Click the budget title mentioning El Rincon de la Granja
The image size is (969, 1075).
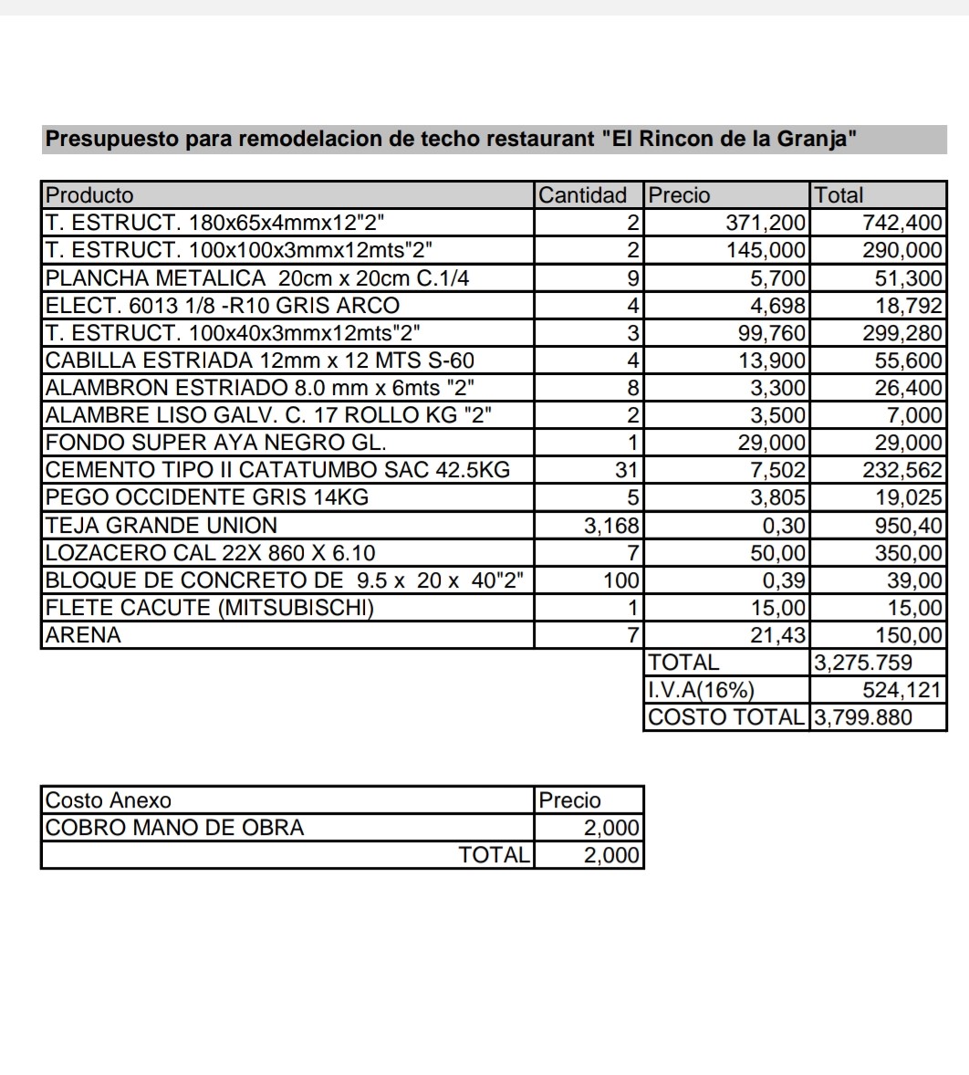click(452, 140)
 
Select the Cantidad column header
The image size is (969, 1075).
click(583, 195)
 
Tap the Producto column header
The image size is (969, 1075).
click(89, 195)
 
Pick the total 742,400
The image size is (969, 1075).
click(901, 223)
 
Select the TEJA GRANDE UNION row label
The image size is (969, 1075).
click(161, 526)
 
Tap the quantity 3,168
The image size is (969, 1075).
click(612, 526)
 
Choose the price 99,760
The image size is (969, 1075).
click(772, 333)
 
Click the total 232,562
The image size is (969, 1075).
click(901, 470)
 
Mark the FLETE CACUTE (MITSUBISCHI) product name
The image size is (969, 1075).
click(210, 608)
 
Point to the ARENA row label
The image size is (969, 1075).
click(83, 635)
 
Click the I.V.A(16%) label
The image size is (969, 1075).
click(701, 690)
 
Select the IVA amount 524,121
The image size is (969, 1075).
click(901, 690)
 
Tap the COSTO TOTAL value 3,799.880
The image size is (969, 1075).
click(862, 717)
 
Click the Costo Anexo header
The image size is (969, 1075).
click(109, 800)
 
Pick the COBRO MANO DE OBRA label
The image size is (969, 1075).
click(174, 828)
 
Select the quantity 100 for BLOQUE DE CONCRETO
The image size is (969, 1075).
click(622, 580)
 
